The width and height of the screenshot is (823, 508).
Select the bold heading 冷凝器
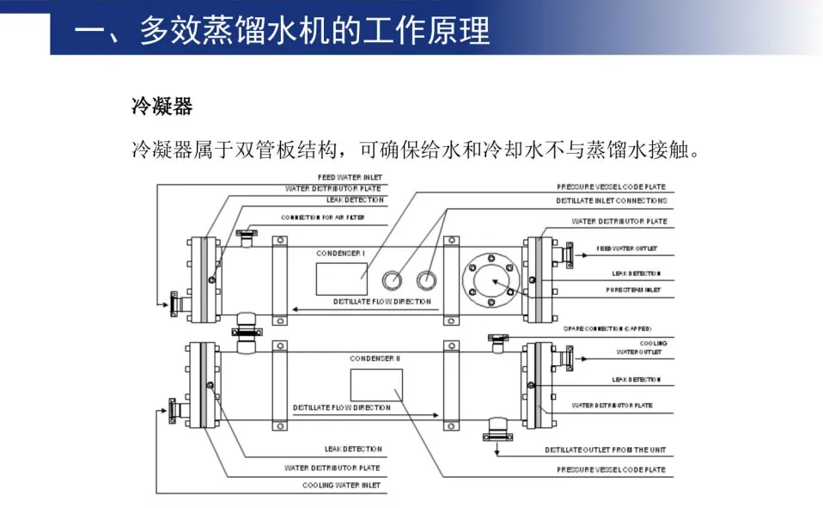point(162,107)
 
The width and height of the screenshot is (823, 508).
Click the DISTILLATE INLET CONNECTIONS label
point(611,200)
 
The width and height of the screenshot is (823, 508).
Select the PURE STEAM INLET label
point(632,291)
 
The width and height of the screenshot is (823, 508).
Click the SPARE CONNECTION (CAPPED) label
point(607,328)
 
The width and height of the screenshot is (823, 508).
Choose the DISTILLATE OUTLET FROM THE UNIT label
point(605,450)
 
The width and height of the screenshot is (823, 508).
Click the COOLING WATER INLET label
point(341,486)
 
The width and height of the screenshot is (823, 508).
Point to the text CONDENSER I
point(341,254)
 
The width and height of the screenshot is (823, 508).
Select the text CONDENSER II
point(375,358)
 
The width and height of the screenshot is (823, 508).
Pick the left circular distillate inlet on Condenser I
point(392,279)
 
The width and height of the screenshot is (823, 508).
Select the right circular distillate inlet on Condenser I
point(426,279)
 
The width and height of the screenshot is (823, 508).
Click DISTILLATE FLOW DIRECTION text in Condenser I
point(382,302)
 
